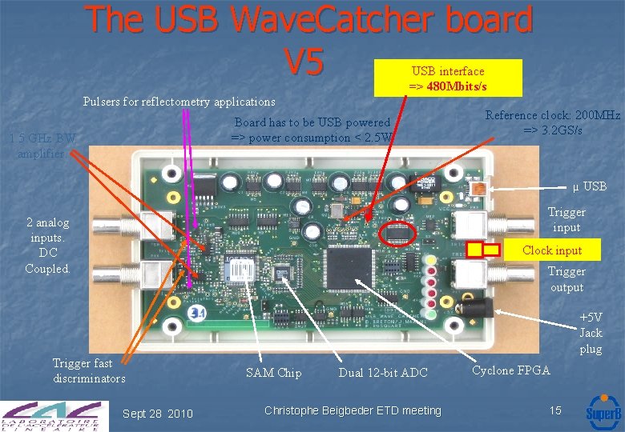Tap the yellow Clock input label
click(551, 250)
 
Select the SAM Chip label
click(273, 373)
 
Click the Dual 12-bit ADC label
click(383, 373)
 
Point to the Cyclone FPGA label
click(510, 370)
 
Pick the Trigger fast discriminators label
click(89, 370)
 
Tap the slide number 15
click(555, 410)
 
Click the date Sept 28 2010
click(157, 414)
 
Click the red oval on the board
click(398, 234)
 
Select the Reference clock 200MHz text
click(552, 122)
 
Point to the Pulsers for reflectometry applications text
click(179, 102)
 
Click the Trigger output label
click(566, 279)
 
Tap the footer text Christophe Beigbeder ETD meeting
click(353, 410)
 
